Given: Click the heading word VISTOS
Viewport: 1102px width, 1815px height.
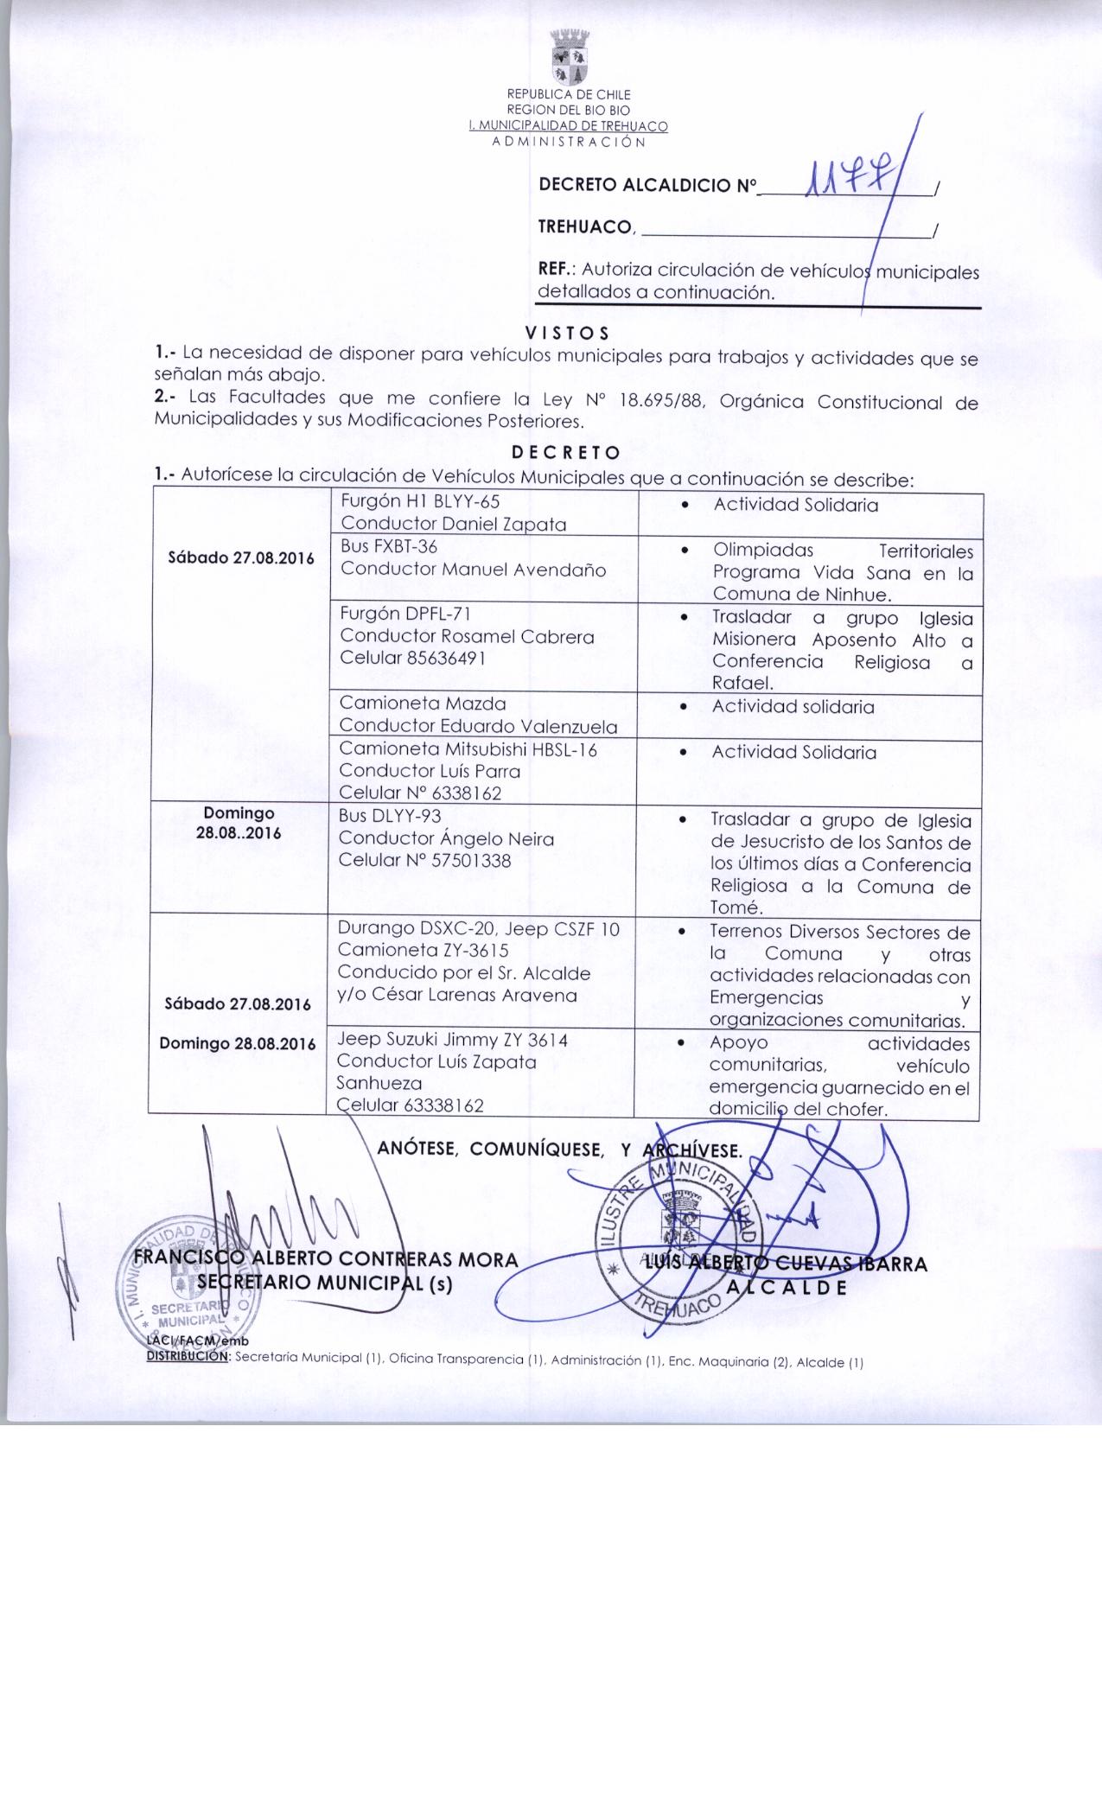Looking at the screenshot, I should tap(568, 333).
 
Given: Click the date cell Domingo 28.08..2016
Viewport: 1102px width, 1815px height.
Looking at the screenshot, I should tap(239, 824).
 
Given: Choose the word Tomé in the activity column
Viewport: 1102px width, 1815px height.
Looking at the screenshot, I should tap(736, 907).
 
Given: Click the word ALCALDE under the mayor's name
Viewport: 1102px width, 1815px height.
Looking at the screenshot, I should tap(786, 1285).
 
